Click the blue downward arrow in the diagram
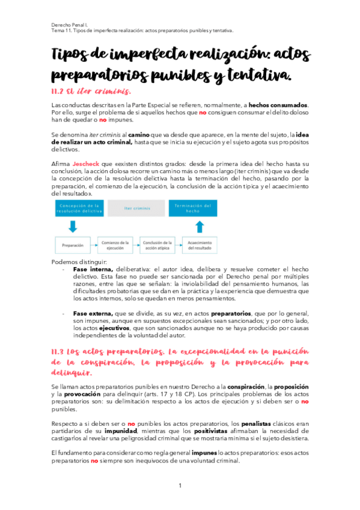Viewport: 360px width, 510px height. coord(72,226)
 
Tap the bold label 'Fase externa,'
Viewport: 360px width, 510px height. coord(93,313)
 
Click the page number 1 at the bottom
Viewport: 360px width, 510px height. coord(180,486)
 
